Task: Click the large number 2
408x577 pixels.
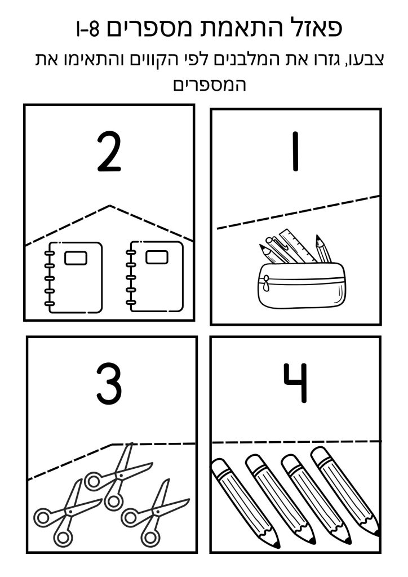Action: coord(109,152)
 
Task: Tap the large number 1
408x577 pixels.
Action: coord(295,152)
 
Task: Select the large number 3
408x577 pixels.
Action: coord(109,384)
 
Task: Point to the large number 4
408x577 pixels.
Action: coord(295,383)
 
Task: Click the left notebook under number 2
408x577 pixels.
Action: coord(74,277)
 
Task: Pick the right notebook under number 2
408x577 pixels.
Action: coord(154,277)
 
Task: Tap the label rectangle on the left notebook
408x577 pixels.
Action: coord(76,258)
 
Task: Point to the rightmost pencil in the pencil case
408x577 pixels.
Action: coord(323,248)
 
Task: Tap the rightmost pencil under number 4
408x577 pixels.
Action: coord(345,491)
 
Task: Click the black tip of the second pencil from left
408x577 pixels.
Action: coord(312,540)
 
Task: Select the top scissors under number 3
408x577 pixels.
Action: coord(118,476)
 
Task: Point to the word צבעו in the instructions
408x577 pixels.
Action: coord(367,60)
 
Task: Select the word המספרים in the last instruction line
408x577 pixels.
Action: coord(209,85)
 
